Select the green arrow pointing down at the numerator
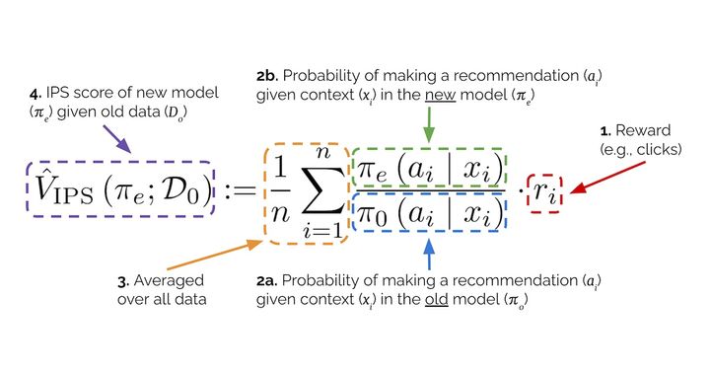[x=428, y=124]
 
